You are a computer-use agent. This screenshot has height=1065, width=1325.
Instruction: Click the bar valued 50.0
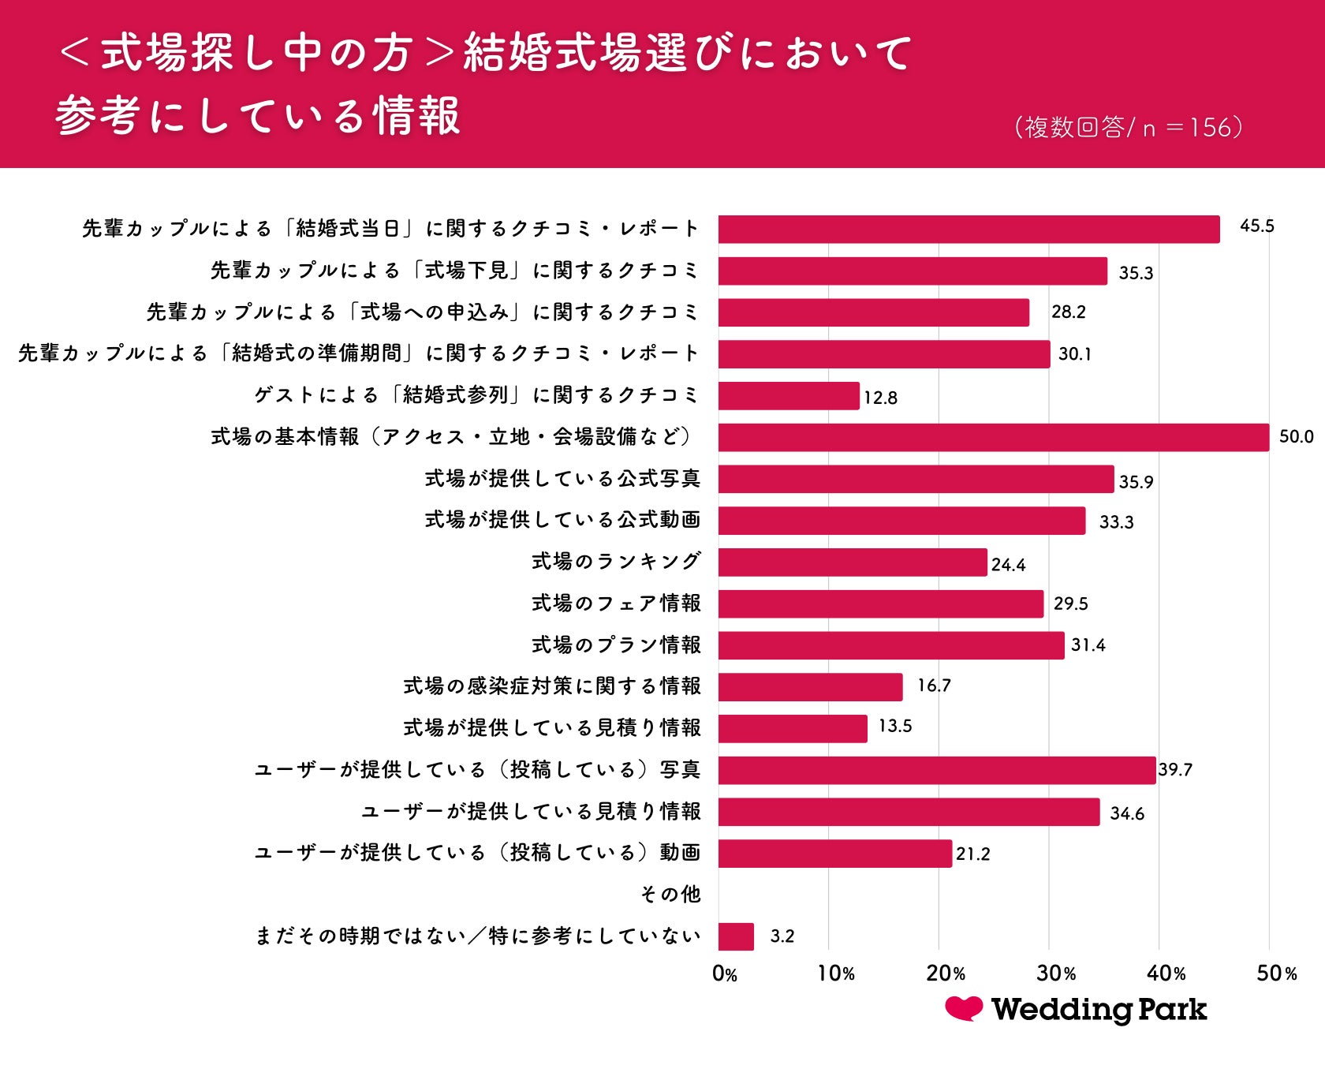994,437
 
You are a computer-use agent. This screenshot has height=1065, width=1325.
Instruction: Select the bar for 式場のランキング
853,562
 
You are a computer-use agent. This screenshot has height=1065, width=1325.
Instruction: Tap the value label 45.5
1256,226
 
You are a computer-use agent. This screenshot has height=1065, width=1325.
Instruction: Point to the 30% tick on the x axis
1055,973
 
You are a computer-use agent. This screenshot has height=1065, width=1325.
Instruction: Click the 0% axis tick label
724,973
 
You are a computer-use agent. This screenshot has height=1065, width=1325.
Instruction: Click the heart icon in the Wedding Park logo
964,1008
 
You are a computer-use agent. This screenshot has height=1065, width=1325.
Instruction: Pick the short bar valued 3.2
736,936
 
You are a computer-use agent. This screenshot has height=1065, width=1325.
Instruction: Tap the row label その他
670,894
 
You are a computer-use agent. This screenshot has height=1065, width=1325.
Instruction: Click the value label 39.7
1175,769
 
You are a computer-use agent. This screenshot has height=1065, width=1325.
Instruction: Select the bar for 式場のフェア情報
881,604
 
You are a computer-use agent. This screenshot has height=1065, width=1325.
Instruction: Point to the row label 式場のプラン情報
616,645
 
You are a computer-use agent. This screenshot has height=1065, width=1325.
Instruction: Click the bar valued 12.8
789,396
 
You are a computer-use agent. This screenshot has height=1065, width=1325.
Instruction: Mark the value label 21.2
972,854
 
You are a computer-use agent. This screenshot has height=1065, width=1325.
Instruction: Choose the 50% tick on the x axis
1276,973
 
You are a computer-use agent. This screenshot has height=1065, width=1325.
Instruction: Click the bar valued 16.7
810,687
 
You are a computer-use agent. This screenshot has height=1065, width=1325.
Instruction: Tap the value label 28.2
1068,312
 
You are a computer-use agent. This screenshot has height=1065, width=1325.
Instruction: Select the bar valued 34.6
909,812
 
